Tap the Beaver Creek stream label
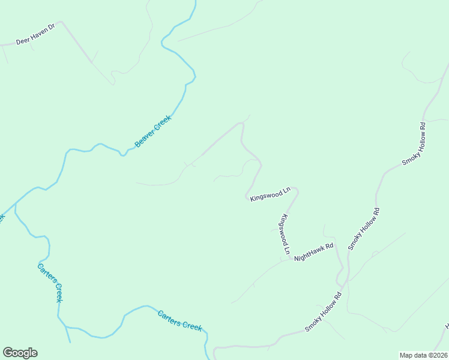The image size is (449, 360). click(x=153, y=131)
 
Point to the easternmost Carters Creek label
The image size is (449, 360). click(x=179, y=320)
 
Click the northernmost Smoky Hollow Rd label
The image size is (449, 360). click(x=414, y=144)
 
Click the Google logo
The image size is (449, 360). click(x=20, y=353)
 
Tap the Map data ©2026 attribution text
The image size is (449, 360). click(x=423, y=355)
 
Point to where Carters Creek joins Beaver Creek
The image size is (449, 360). click(x=16, y=203)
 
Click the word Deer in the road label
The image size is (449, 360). click(x=22, y=41)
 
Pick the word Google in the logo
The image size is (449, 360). click(x=20, y=353)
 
